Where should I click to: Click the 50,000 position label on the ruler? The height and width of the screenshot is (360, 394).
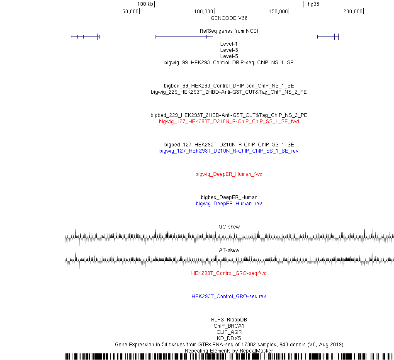click(130, 12)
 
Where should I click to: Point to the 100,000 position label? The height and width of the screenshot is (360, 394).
click(203, 12)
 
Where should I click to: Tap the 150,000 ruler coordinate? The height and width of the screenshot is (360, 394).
click(278, 12)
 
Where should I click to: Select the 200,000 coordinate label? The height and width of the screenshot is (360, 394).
click(353, 12)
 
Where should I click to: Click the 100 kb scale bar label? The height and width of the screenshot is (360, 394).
click(145, 4)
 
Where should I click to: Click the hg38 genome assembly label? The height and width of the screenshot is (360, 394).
click(314, 4)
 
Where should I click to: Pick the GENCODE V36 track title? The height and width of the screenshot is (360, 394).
click(229, 18)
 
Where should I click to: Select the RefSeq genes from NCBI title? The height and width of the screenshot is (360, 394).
click(229, 31)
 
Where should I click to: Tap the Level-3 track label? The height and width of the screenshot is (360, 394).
click(229, 50)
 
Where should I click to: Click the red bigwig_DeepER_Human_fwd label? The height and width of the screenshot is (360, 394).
click(229, 174)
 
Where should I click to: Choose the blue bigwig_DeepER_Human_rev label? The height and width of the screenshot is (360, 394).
click(229, 204)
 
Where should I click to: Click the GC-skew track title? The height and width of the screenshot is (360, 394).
click(229, 226)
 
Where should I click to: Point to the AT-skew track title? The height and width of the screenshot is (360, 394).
click(229, 250)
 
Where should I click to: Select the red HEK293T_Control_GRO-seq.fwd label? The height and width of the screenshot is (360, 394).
click(229, 273)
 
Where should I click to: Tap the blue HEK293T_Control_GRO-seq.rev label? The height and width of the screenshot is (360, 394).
click(229, 297)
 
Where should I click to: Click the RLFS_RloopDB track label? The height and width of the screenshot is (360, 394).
click(229, 319)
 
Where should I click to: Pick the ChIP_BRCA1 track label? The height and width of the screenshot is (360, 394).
click(229, 326)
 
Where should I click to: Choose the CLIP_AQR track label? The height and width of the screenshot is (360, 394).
click(229, 332)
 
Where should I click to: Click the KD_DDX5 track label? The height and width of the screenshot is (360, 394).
click(229, 338)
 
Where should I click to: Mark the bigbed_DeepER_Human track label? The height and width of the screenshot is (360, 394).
click(229, 197)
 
